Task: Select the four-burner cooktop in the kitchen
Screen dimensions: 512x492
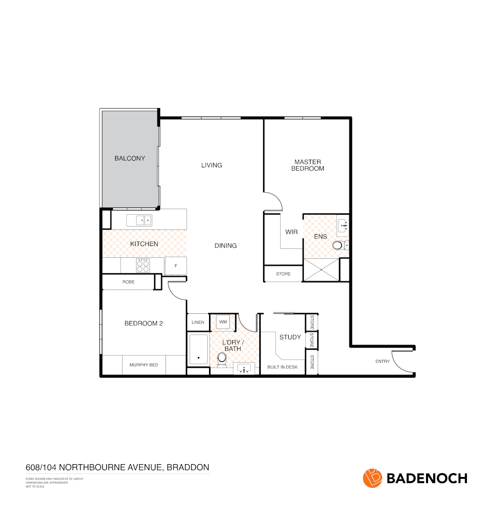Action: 143,265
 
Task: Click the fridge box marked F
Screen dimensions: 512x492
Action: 176,266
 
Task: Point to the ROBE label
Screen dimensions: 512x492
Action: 128,282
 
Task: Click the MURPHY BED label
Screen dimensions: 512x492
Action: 144,365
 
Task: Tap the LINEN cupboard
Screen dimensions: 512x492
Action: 198,322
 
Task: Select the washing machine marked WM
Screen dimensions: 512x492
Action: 223,322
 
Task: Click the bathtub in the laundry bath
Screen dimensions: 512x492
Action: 198,350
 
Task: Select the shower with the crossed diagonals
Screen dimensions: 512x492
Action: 321,270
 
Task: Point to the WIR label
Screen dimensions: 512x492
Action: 291,232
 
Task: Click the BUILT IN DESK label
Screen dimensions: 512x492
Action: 282,367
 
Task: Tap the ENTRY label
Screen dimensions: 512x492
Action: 383,361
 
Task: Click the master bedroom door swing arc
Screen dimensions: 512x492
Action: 275,199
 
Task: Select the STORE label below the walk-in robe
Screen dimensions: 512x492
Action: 283,274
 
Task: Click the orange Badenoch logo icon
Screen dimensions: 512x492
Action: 373,478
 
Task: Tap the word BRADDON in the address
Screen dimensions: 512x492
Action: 189,467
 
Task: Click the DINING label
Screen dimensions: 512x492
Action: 226,246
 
